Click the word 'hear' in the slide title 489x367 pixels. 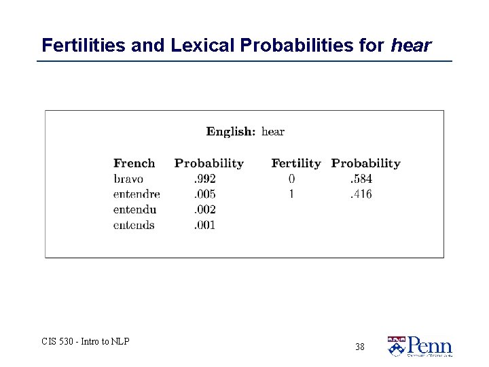pos(411,46)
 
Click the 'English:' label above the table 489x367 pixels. pos(231,131)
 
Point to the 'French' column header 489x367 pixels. pos(134,163)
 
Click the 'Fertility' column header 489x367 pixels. pos(295,163)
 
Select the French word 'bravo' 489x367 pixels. pos(128,179)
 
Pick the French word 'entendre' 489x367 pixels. pos(137,194)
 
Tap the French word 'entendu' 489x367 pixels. pos(135,209)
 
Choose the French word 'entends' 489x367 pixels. pos(134,225)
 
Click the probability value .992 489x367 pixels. pos(204,179)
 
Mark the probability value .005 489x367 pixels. pos(204,194)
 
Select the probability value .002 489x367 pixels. pos(204,209)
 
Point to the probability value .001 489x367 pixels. pos(204,225)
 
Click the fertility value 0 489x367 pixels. pos(291,179)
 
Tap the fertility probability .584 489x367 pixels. pos(361,179)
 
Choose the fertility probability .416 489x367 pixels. pos(361,194)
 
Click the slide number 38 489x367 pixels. pos(359,347)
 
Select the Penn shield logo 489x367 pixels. pos(395,347)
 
